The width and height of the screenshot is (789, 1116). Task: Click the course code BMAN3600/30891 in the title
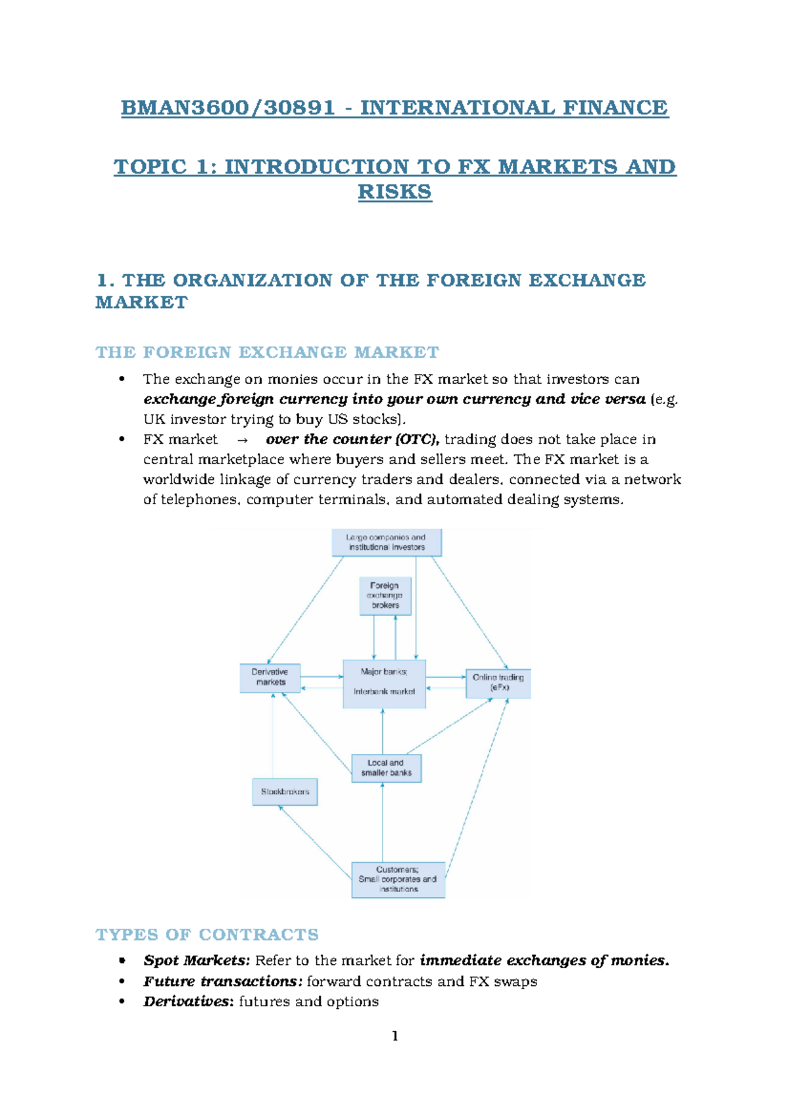tap(228, 108)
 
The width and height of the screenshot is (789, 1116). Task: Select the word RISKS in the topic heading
tap(394, 192)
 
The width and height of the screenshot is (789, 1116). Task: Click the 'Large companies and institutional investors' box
tap(387, 542)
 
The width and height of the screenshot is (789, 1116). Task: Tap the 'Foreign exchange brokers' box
tap(385, 595)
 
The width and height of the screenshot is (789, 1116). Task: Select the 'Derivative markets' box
tap(270, 678)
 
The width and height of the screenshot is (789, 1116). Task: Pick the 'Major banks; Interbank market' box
tap(384, 684)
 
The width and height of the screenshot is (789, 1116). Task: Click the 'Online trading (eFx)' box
tap(498, 683)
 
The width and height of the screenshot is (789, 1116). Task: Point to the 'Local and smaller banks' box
tap(386, 768)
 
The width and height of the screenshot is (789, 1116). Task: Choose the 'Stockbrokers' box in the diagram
tap(285, 792)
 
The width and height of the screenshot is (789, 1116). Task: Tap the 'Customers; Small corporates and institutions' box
tap(398, 879)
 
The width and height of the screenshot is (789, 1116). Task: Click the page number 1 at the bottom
tap(394, 1036)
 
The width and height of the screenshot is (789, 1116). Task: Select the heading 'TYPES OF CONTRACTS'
tap(207, 935)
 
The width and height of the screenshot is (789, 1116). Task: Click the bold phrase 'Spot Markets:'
tap(197, 961)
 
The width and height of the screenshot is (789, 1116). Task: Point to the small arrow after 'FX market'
tap(242, 440)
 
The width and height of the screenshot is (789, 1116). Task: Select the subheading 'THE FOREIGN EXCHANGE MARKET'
tap(267, 353)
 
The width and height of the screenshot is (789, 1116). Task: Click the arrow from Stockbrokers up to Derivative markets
tap(273, 736)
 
